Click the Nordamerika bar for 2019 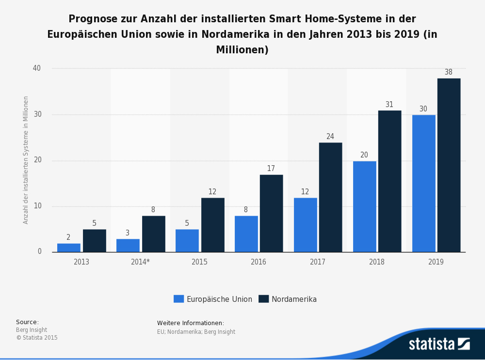[x=449, y=165]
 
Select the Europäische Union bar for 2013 [x=69, y=248]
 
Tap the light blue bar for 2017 [x=306, y=225]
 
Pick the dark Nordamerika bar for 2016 [x=271, y=213]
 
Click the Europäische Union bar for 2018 [x=365, y=206]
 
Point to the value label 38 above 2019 [x=449, y=72]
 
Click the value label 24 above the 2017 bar [x=330, y=137]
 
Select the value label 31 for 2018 [x=389, y=105]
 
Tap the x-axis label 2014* [x=140, y=262]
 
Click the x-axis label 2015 [x=199, y=262]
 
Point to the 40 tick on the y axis [x=37, y=68]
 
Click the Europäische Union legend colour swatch [x=178, y=299]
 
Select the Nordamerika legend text [x=294, y=299]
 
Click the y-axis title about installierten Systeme [x=26, y=160]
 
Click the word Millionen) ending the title [x=242, y=50]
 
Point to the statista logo [x=439, y=344]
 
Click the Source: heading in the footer [x=27, y=322]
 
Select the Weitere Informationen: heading [x=191, y=323]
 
